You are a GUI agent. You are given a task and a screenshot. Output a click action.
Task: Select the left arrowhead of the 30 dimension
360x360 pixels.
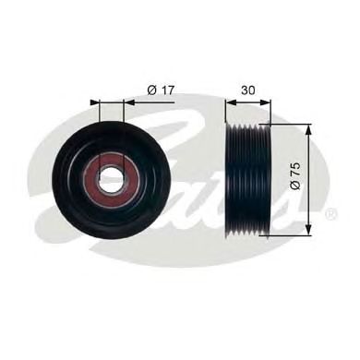point(231,102)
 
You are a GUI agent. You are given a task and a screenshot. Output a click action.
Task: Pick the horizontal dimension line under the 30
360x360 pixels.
point(248,102)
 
